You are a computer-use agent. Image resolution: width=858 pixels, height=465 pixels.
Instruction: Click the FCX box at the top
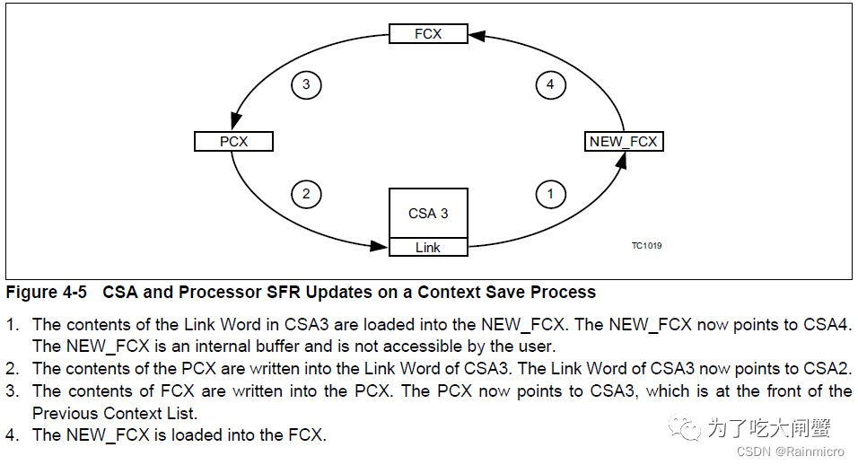tap(428, 34)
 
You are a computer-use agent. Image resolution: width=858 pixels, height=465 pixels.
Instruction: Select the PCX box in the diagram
tap(233, 142)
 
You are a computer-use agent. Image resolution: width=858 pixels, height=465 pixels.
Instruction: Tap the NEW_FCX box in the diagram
tap(624, 142)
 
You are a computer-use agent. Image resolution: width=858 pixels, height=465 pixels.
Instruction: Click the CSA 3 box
tap(428, 214)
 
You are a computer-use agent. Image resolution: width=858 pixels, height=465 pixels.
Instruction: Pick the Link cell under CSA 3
tap(428, 248)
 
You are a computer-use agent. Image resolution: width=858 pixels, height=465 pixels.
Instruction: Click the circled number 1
tap(550, 194)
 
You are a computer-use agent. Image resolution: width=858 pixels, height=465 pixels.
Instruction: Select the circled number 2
tap(306, 194)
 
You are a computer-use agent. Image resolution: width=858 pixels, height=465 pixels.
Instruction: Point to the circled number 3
tap(306, 85)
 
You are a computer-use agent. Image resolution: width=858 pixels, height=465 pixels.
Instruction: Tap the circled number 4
tap(550, 85)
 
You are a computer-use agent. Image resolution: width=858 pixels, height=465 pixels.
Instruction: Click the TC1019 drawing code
tap(646, 244)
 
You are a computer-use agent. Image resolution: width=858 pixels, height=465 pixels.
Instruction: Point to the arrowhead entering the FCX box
tap(476, 35)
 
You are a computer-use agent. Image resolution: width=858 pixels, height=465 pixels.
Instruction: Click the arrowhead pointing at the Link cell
tap(381, 246)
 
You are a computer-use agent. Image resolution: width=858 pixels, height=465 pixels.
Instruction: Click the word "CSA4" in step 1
tap(823, 324)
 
